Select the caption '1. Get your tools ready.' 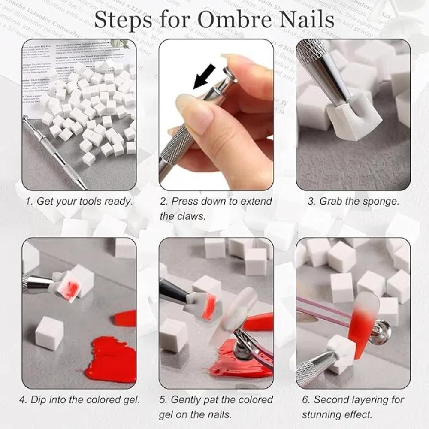pos(79,202)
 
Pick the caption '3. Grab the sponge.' pos(353,202)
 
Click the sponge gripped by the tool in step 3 pos(347,115)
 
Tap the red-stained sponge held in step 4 pos(68,285)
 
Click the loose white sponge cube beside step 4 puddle pos(49,333)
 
